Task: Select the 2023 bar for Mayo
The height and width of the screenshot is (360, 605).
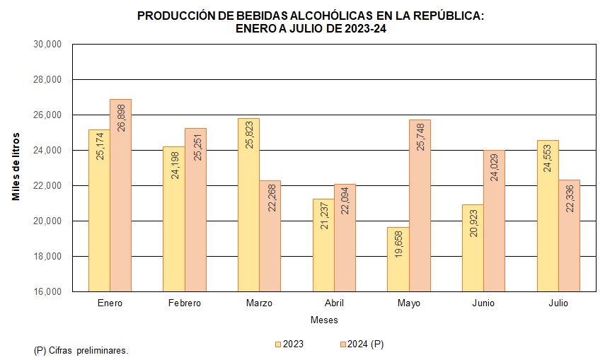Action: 398,259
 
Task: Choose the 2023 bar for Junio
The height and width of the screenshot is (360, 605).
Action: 473,248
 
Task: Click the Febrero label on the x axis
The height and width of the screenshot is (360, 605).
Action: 185,303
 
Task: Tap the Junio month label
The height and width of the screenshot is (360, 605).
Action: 483,303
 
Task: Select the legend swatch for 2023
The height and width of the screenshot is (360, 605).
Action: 278,344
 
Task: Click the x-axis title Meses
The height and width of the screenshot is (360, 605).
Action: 324,320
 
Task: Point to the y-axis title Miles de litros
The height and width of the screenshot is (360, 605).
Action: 16,166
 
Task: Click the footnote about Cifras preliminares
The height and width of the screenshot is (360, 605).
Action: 81,350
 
